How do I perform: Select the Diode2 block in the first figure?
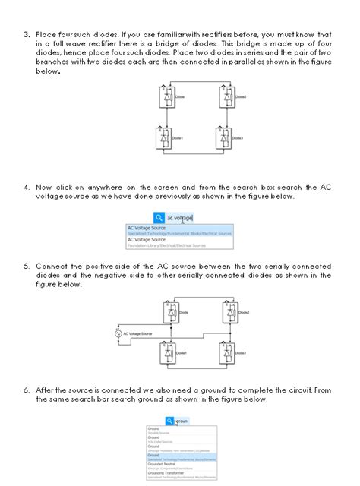pyautogui.click(x=226, y=97)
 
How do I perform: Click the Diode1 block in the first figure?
pyautogui.click(x=167, y=138)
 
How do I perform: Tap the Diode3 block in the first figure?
pyautogui.click(x=226, y=138)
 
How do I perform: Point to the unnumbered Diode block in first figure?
pyautogui.click(x=167, y=97)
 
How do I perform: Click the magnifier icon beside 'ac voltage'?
pyautogui.click(x=157, y=217)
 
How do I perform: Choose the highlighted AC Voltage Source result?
pyautogui.click(x=179, y=230)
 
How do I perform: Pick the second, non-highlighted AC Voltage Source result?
pyautogui.click(x=179, y=242)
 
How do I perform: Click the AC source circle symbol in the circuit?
pyautogui.click(x=118, y=333)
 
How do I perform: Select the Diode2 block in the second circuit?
pyautogui.click(x=226, y=312)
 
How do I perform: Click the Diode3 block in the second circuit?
pyautogui.click(x=226, y=353)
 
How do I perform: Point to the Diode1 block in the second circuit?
pyautogui.click(x=168, y=353)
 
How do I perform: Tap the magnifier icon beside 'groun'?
pyautogui.click(x=169, y=421)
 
